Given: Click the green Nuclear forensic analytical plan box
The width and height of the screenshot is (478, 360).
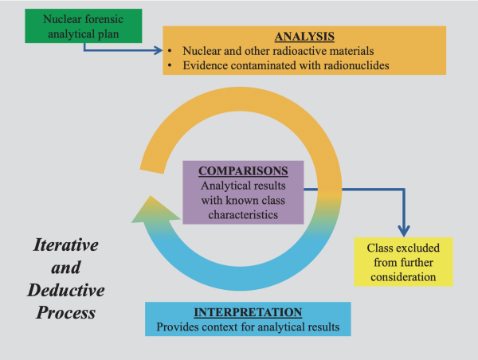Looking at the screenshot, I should click(74, 26).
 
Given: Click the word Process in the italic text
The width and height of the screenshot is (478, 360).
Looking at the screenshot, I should click(65, 313).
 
